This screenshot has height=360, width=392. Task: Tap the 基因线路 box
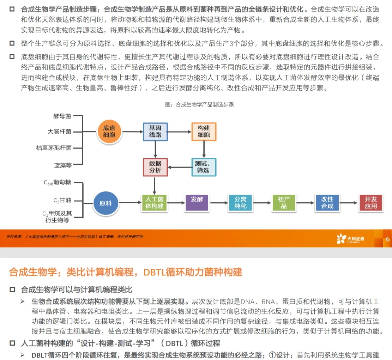click(x=155, y=132)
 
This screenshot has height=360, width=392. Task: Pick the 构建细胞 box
click(x=204, y=132)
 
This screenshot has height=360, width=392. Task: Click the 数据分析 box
click(x=155, y=167)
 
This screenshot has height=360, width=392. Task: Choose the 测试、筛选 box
click(x=204, y=167)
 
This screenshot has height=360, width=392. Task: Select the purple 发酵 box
click(x=197, y=202)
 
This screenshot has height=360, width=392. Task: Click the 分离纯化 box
click(x=241, y=202)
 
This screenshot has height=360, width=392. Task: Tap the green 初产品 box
click(x=284, y=202)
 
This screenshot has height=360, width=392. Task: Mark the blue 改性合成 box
click(x=327, y=202)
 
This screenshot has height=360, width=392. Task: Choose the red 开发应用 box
click(x=370, y=202)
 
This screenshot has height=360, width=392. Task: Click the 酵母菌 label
click(x=62, y=116)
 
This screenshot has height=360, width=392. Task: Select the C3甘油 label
click(x=62, y=200)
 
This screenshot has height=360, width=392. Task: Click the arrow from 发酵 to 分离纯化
click(x=219, y=203)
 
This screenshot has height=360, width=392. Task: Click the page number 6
click(x=388, y=239)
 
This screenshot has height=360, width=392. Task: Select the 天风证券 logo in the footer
click(x=351, y=239)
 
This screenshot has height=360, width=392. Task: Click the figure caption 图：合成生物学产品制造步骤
click(x=199, y=104)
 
